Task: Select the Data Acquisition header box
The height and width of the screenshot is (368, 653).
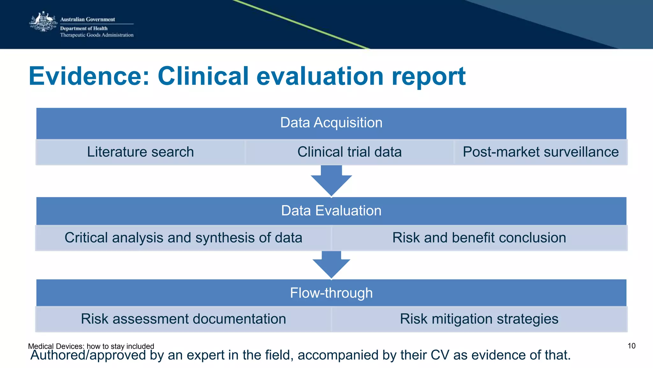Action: (331, 123)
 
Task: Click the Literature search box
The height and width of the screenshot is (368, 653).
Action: (140, 152)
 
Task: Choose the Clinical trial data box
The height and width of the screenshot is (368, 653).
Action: (349, 152)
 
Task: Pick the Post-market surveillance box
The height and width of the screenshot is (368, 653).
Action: (540, 152)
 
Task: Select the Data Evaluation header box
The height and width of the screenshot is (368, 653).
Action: (331, 211)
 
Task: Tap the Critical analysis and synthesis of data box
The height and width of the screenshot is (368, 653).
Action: (183, 238)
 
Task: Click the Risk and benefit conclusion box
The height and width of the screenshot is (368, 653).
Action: (479, 238)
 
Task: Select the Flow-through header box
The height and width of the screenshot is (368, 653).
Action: (331, 293)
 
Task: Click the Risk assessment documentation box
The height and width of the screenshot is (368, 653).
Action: (183, 319)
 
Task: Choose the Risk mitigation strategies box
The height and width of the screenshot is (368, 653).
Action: (479, 319)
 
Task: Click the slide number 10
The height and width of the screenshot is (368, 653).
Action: (631, 346)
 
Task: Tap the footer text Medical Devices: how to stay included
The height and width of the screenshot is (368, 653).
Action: (91, 346)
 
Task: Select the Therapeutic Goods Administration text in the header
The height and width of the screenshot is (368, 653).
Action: (97, 35)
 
